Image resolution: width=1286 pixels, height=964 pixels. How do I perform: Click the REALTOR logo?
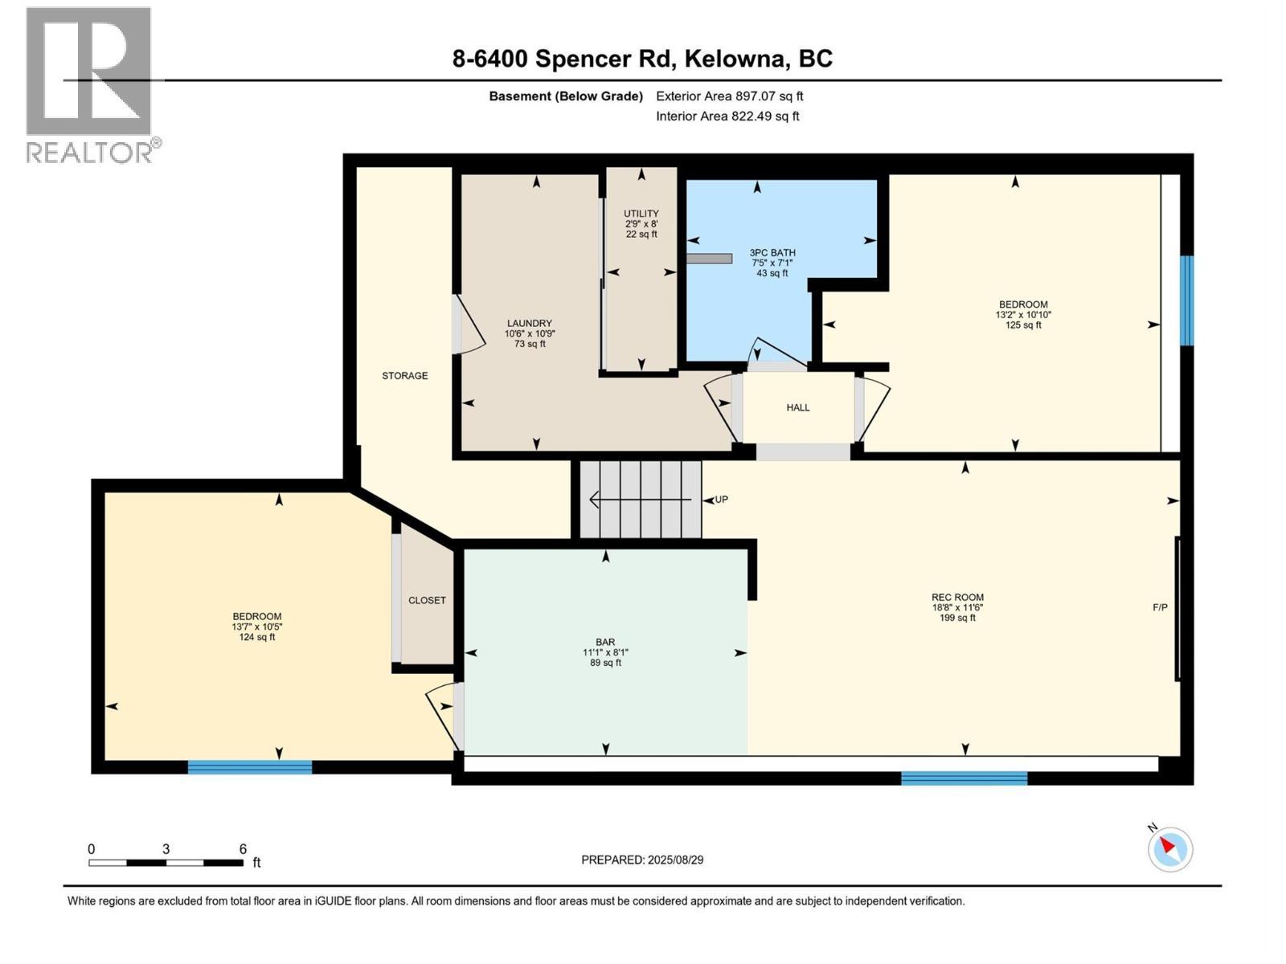(89, 84)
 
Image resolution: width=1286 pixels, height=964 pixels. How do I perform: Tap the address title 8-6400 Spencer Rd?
(642, 59)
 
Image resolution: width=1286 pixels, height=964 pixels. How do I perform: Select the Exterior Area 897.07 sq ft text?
(729, 96)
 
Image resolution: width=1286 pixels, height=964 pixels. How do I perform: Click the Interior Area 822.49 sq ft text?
(727, 116)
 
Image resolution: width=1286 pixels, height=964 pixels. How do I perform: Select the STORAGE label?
(404, 376)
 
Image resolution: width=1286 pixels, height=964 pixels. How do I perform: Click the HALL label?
(797, 408)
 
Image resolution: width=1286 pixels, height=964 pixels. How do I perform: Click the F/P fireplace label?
(1160, 608)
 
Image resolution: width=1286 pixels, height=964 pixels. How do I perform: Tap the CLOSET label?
(427, 601)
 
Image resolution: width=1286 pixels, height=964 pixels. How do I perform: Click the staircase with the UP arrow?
(641, 500)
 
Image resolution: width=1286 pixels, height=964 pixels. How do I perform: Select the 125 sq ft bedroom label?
(1022, 315)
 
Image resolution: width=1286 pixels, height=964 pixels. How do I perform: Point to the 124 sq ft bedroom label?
(257, 627)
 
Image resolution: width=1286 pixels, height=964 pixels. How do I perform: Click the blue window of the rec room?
(964, 778)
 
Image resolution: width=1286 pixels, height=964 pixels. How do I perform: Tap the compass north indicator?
(1169, 849)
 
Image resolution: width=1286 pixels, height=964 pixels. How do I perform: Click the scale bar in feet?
(166, 863)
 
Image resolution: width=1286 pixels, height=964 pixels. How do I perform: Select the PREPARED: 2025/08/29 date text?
(642, 860)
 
